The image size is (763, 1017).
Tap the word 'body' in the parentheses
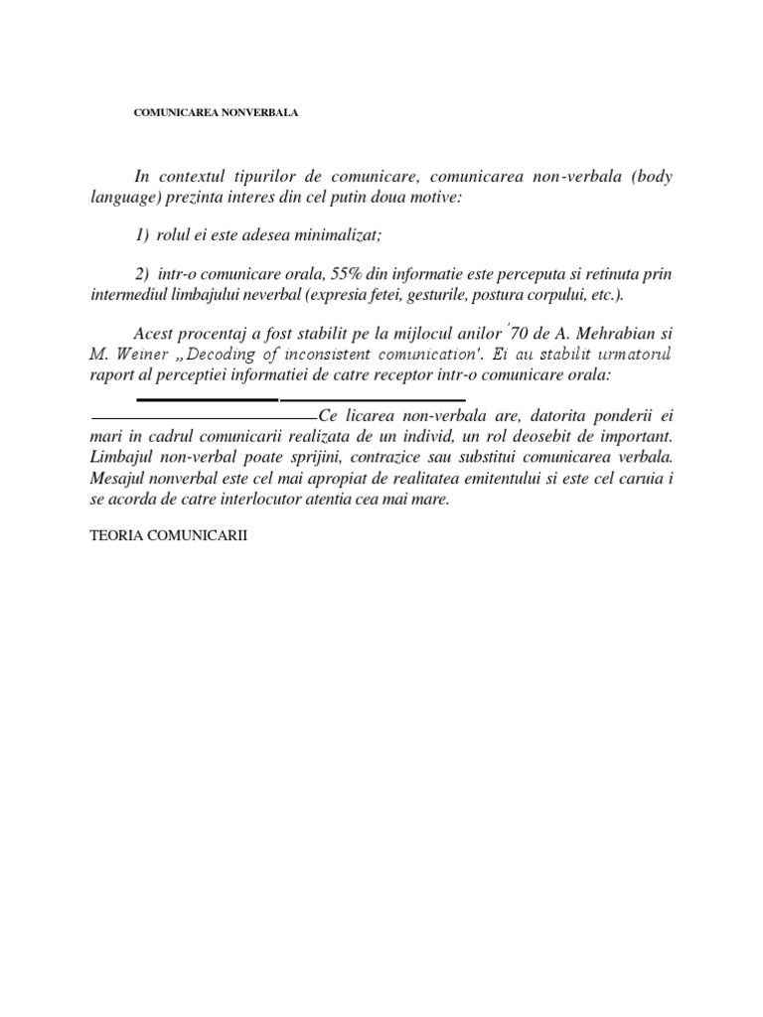650,177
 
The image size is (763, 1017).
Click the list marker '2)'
141,273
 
